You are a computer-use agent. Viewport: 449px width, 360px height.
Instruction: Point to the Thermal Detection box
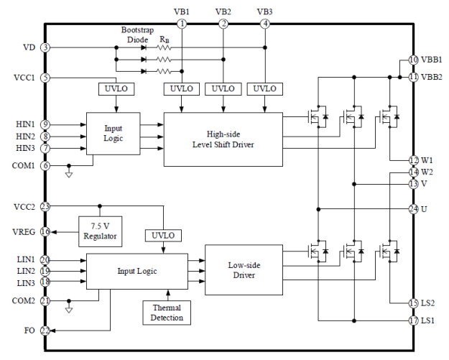point(167,313)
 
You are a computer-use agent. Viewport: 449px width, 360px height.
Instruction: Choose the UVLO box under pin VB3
point(265,88)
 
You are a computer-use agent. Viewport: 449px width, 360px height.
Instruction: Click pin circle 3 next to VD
point(45,47)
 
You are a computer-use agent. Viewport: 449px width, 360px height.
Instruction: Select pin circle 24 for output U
point(413,209)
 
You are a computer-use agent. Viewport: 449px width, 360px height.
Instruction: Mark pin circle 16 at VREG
point(45,231)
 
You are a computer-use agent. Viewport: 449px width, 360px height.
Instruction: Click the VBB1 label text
point(431,60)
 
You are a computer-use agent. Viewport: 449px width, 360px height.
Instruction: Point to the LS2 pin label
point(428,303)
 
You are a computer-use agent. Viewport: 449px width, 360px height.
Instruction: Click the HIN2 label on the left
point(25,136)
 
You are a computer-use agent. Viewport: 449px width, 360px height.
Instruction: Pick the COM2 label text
point(24,301)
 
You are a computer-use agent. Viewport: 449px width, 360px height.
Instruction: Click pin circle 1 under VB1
point(182,24)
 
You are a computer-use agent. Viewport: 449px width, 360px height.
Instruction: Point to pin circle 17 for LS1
point(413,320)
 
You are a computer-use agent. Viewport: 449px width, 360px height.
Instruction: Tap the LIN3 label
point(26,282)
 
